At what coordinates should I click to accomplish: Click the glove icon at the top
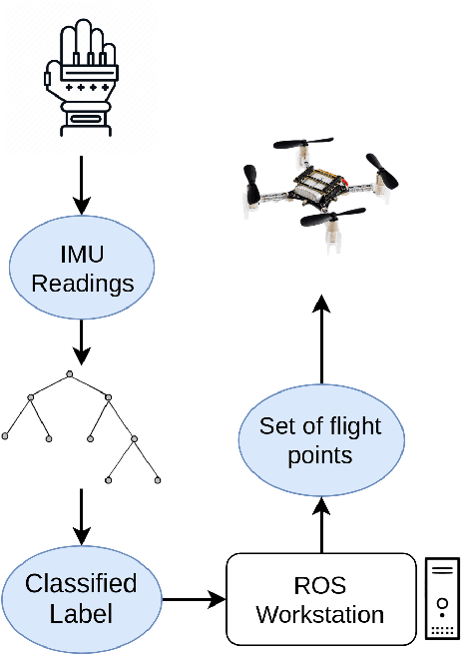(x=82, y=76)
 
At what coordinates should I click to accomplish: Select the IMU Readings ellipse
(x=82, y=270)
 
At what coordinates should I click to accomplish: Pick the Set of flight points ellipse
(x=319, y=440)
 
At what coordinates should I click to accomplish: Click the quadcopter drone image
(x=321, y=186)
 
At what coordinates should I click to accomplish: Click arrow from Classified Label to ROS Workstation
(x=194, y=600)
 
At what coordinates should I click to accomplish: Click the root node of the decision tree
(x=70, y=374)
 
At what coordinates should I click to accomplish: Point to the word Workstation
(x=320, y=614)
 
